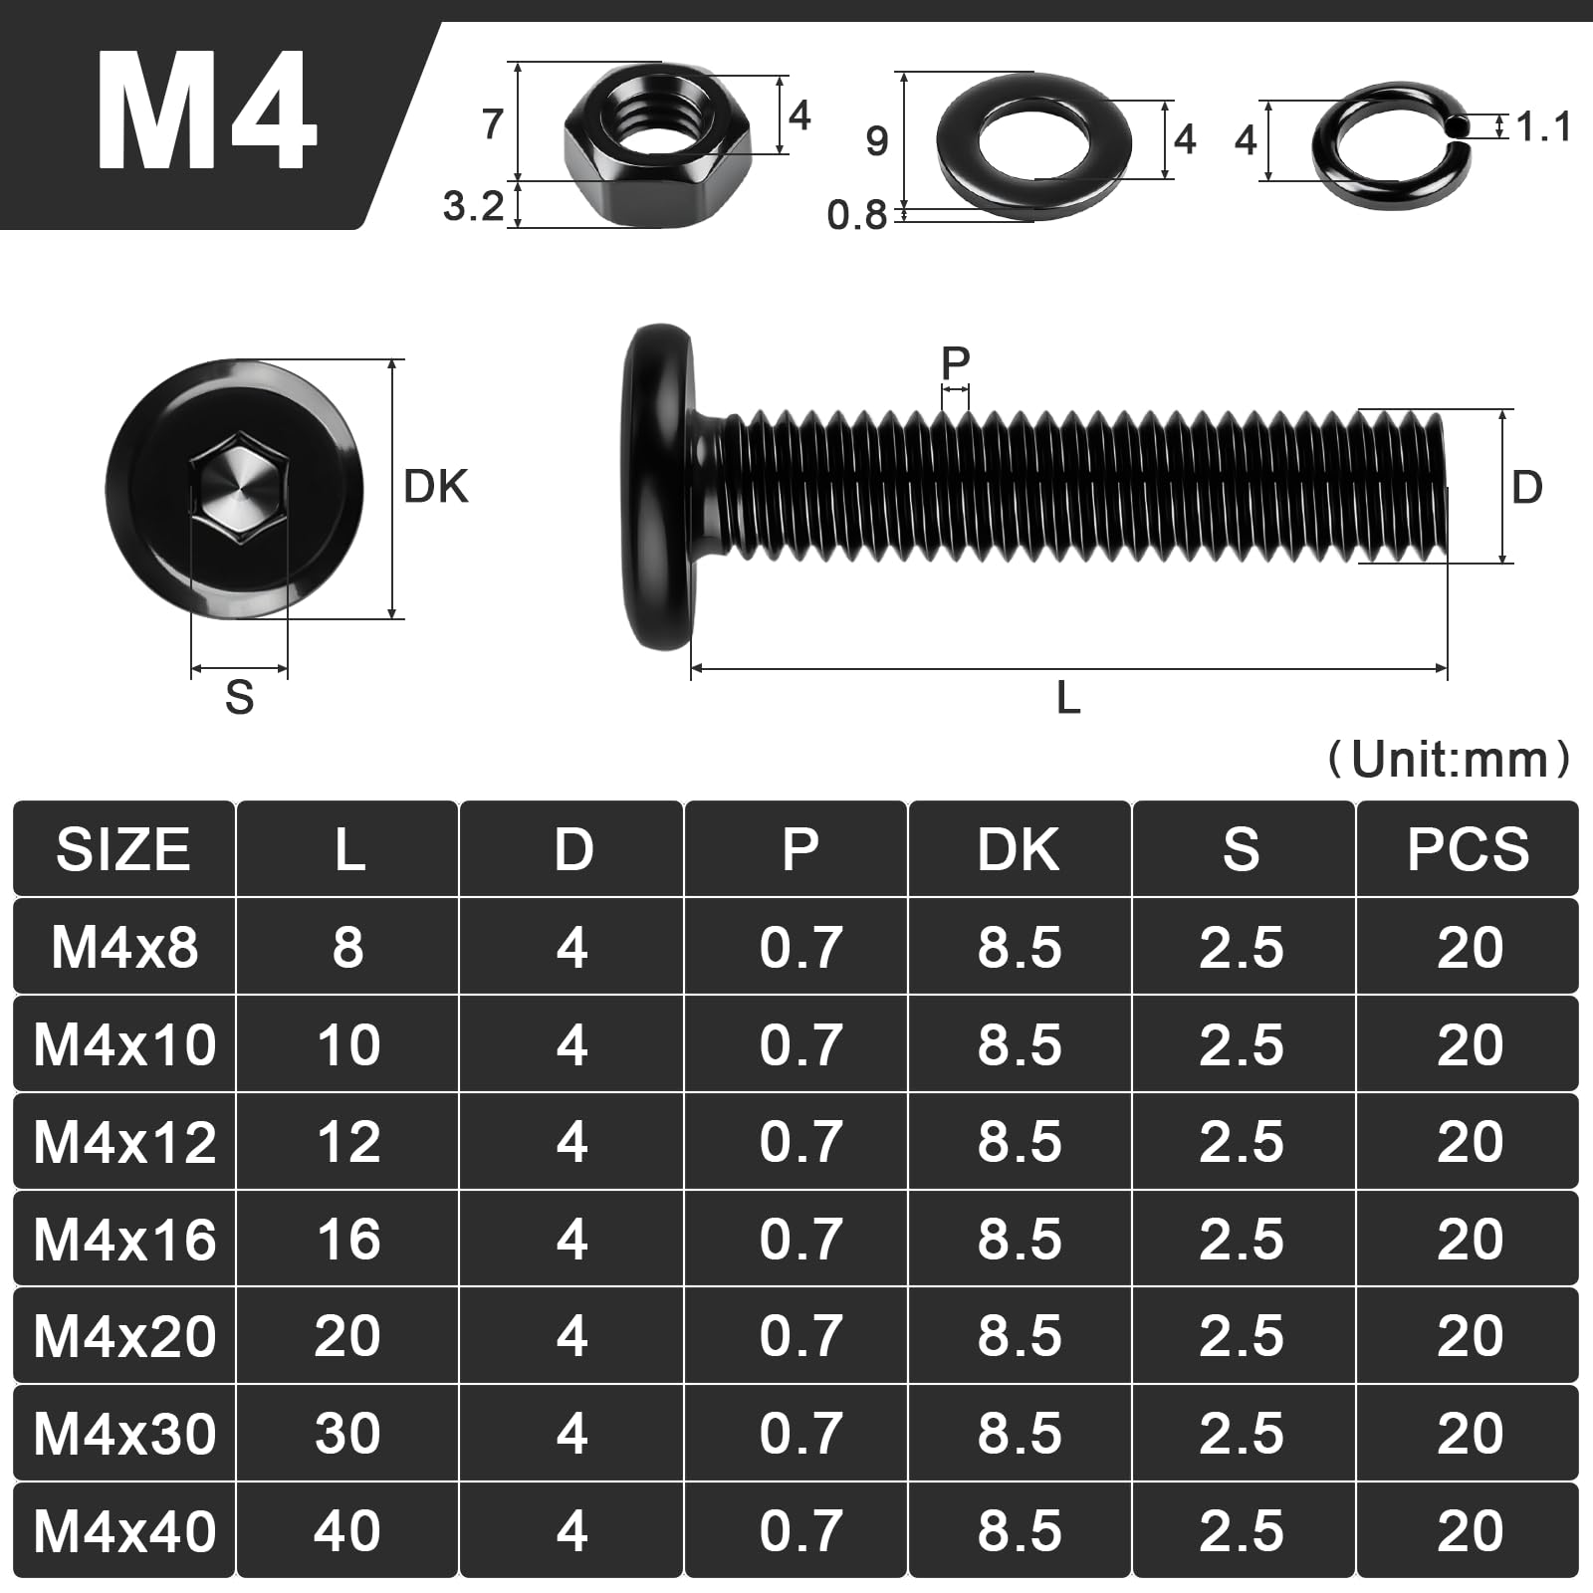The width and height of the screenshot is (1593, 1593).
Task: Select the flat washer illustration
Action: click(x=1033, y=145)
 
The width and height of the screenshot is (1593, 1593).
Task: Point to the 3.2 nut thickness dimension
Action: click(x=473, y=206)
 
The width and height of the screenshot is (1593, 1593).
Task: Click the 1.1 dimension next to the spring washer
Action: click(x=1543, y=127)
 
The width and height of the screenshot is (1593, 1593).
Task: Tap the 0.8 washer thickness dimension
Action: click(x=856, y=215)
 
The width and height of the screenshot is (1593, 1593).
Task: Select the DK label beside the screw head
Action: click(x=435, y=487)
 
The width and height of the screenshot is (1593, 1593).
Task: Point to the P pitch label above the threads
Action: click(x=955, y=362)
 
